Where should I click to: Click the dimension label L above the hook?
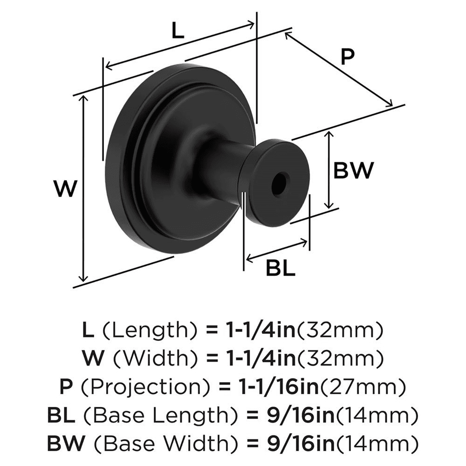tap(178, 32)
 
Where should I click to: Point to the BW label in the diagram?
tap(353, 171)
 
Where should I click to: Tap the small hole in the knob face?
tap(280, 183)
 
